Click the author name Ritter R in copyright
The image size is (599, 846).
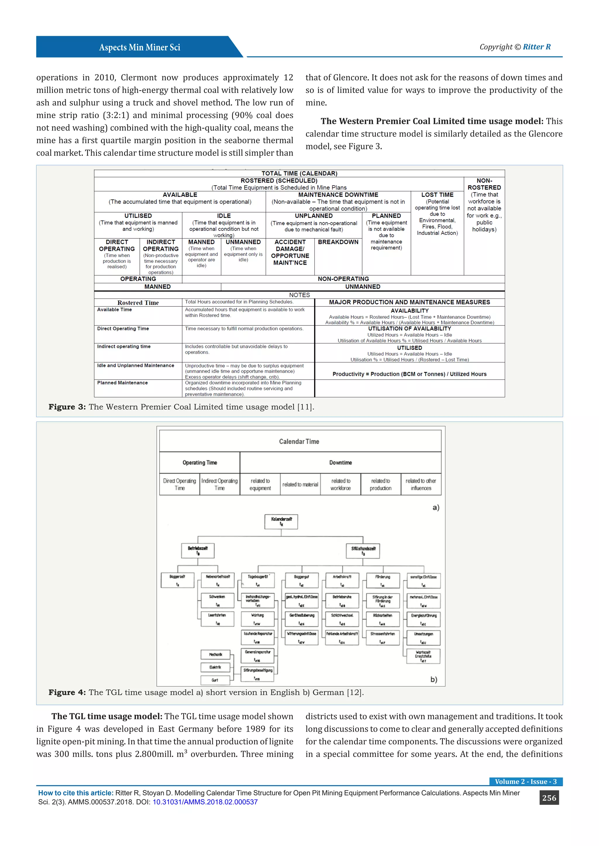click(537, 47)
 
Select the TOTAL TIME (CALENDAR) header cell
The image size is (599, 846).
click(299, 174)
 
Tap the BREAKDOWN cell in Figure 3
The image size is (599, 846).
click(338, 242)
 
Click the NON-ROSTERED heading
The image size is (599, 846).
click(484, 184)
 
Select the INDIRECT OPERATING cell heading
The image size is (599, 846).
click(161, 245)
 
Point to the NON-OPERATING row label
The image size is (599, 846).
click(343, 279)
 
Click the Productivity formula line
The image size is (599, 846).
click(409, 374)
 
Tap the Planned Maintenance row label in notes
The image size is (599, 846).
click(123, 383)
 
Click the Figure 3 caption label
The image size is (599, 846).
click(67, 407)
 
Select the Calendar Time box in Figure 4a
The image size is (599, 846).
click(299, 441)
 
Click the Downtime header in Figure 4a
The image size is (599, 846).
click(340, 462)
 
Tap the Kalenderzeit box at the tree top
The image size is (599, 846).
click(281, 521)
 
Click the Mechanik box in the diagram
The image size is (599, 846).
click(215, 654)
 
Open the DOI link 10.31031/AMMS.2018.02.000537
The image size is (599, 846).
click(205, 802)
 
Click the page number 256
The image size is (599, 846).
click(549, 798)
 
